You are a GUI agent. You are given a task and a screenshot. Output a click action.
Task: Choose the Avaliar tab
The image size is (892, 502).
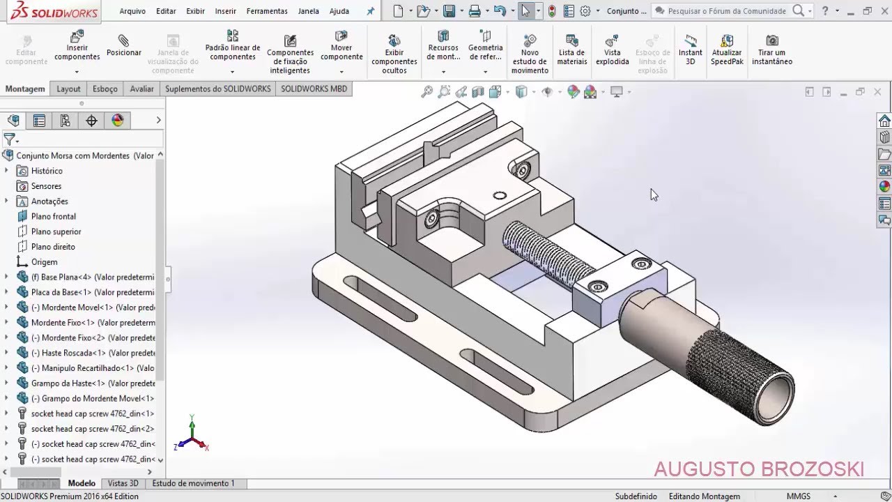click(141, 89)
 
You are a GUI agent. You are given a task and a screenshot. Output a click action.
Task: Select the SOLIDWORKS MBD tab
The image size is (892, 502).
click(314, 89)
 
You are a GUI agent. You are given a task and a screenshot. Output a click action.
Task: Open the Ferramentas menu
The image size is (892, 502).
click(267, 11)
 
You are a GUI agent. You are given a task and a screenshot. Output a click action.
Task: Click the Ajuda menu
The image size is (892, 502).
click(339, 11)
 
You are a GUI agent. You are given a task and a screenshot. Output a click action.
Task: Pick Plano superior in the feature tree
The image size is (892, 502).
click(56, 231)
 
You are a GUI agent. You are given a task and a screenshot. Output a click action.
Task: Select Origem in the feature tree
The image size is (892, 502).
click(44, 262)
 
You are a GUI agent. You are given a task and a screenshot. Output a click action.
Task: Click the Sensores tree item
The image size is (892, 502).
click(46, 186)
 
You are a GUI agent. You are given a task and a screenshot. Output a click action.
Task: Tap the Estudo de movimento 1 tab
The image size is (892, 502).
click(193, 483)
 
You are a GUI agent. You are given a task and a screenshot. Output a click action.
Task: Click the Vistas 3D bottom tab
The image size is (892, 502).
click(123, 483)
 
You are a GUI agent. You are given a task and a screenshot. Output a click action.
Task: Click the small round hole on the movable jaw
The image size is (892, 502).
click(499, 196)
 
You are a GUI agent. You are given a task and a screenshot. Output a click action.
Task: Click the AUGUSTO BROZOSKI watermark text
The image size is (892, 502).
click(758, 469)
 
